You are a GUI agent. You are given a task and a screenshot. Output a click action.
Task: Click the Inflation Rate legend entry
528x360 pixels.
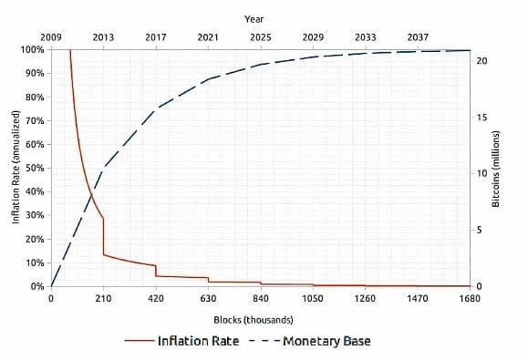click(198, 341)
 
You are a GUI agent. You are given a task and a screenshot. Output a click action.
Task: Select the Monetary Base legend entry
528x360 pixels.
click(326, 341)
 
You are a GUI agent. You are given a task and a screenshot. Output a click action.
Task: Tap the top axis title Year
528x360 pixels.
click(255, 18)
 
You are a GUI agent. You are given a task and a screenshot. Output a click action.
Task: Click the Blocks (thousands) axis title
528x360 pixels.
click(254, 320)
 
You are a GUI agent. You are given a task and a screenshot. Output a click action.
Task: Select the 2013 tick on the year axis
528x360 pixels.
click(104, 36)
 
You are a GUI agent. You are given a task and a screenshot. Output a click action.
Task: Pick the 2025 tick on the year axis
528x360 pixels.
click(261, 36)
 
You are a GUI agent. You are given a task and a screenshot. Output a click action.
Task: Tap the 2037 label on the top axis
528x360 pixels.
click(418, 36)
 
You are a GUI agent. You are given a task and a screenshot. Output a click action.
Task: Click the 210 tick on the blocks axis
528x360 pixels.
click(104, 298)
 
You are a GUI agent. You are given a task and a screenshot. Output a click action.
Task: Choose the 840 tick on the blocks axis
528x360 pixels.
click(261, 298)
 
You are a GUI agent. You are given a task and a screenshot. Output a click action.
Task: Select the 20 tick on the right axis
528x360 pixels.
click(483, 60)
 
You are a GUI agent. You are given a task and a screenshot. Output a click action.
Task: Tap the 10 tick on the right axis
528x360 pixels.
click(483, 173)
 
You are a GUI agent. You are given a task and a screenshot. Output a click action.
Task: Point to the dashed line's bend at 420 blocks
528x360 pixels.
click(156, 108)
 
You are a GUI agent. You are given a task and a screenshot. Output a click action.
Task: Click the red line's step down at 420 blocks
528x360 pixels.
click(156, 271)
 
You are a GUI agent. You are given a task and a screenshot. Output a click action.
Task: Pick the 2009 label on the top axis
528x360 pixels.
click(51, 36)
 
